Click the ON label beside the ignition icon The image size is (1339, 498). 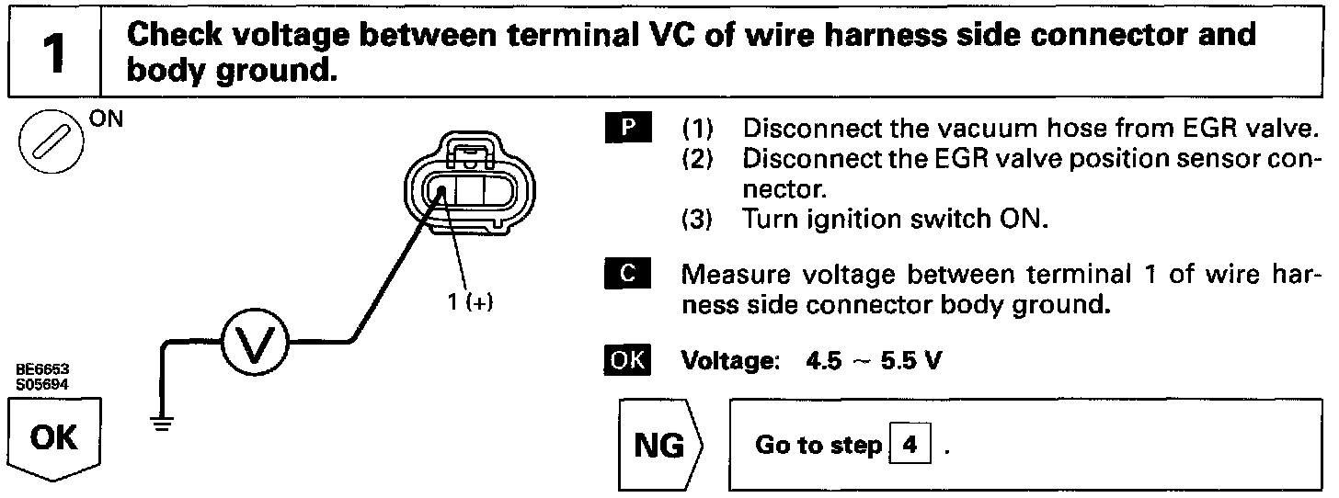tap(107, 119)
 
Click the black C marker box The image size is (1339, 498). tap(628, 274)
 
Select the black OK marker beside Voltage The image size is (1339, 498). tap(627, 359)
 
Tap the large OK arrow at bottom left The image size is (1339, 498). tap(53, 438)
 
